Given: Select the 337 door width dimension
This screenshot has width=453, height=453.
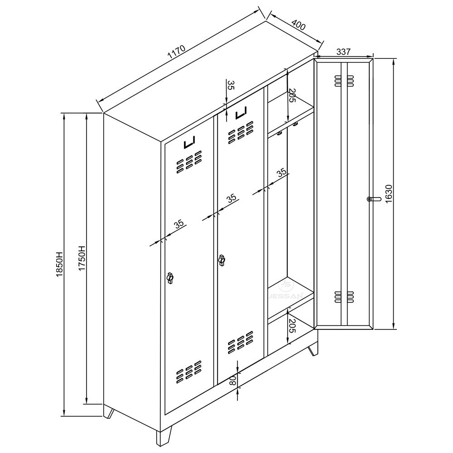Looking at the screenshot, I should coord(344,52).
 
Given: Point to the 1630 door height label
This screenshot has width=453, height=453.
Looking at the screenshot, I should coord(389,194).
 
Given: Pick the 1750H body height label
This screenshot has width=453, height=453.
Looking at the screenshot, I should coord(82,259).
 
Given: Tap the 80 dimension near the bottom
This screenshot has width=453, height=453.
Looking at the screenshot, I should coord(233,381).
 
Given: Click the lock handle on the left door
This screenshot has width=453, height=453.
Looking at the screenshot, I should coord(170,278).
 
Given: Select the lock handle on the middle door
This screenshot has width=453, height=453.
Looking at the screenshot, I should coord(222,260).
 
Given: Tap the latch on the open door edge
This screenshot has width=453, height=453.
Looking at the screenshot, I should coord(372,199).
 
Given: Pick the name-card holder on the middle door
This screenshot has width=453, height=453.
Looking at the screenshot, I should coord(241,113).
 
